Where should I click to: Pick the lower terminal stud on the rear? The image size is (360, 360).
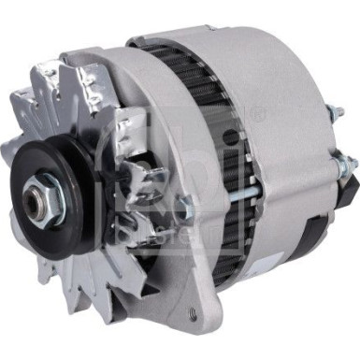[x=347, y=169]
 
